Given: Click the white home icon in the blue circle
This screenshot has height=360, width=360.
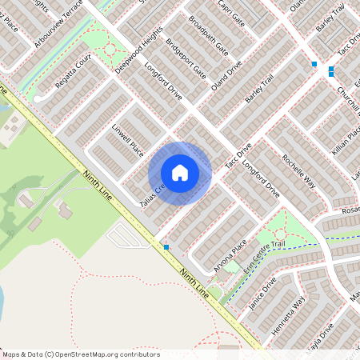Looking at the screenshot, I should tap(180, 173).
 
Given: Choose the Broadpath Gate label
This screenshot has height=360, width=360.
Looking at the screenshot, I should tap(209, 38).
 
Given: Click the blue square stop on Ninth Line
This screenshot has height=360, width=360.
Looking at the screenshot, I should tap(166, 247).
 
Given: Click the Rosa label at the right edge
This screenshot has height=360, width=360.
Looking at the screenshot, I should tap(350, 210).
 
